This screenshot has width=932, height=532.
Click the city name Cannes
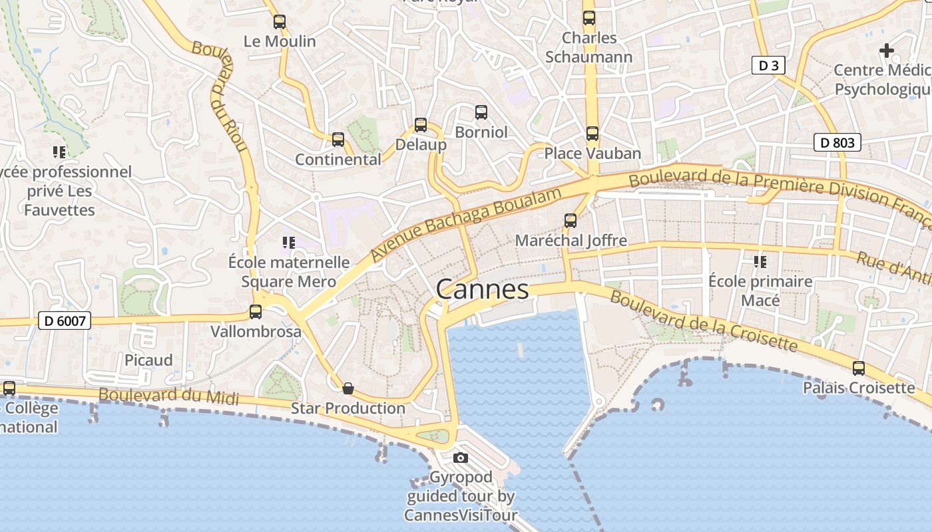coord(482,290)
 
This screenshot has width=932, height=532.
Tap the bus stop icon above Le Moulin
coord(280,22)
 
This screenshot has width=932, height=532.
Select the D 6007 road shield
coord(63,321)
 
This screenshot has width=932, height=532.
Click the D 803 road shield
coord(837,142)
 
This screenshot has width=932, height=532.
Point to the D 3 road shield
coord(769,65)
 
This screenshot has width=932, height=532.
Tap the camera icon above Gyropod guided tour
coord(460,458)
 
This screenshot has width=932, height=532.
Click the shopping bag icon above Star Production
coord(348,388)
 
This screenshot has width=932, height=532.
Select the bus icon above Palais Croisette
coord(859,368)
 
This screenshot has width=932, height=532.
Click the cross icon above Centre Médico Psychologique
coord(886,50)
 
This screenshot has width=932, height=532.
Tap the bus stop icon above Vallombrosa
coord(256,311)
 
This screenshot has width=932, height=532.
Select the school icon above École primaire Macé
coord(760,261)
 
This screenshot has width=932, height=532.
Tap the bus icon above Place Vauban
coord(592,134)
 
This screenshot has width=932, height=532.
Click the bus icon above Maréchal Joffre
coord(571,220)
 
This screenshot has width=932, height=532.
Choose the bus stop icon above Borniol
coord(481,112)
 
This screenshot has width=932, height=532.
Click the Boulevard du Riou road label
coord(220,96)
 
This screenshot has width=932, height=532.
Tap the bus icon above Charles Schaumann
coord(589,18)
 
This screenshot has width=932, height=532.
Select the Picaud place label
coord(148,360)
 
